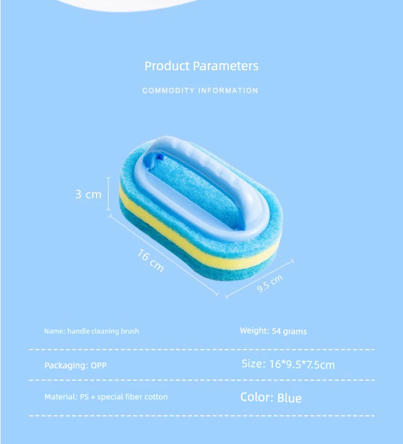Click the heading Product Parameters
(202, 66)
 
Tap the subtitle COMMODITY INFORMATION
(200, 91)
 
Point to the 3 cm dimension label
(89, 194)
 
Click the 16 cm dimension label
(150, 260)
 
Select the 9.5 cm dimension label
(270, 283)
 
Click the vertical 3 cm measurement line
(108, 194)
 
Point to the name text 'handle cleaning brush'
(103, 331)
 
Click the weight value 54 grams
(289, 331)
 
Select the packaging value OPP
(99, 365)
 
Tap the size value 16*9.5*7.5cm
(302, 365)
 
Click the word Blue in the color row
(289, 398)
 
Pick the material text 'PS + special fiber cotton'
(123, 397)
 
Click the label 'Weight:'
(254, 331)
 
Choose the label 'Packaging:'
(67, 365)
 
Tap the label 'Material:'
(61, 397)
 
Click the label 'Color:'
(257, 397)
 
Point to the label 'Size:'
(253, 364)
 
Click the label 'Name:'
(55, 331)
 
